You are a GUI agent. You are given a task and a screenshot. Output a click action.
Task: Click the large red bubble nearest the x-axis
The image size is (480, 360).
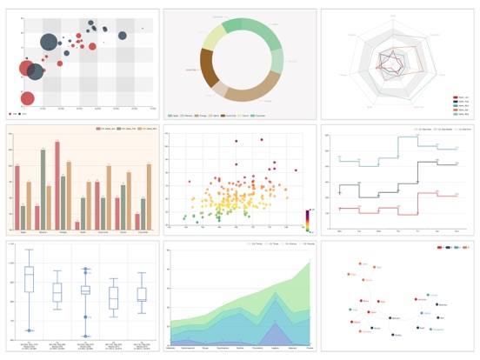pyautogui.click(x=27, y=98)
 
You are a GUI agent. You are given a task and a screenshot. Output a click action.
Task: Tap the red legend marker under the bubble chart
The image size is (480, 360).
pyautogui.click(x=11, y=114)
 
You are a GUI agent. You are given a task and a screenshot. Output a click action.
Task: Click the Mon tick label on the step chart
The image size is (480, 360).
pyautogui.click(x=339, y=232)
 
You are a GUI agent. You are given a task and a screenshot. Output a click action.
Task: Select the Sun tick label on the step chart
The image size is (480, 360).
pyautogui.click(x=457, y=232)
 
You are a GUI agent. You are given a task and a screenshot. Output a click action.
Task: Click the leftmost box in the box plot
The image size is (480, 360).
pyautogui.click(x=29, y=278)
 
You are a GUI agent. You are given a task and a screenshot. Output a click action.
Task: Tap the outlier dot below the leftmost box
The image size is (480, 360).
pyautogui.click(x=29, y=330)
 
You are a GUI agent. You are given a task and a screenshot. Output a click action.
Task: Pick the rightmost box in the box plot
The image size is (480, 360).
pyautogui.click(x=142, y=295)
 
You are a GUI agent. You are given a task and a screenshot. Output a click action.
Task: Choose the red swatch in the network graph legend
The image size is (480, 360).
pyautogui.click(x=439, y=248)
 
